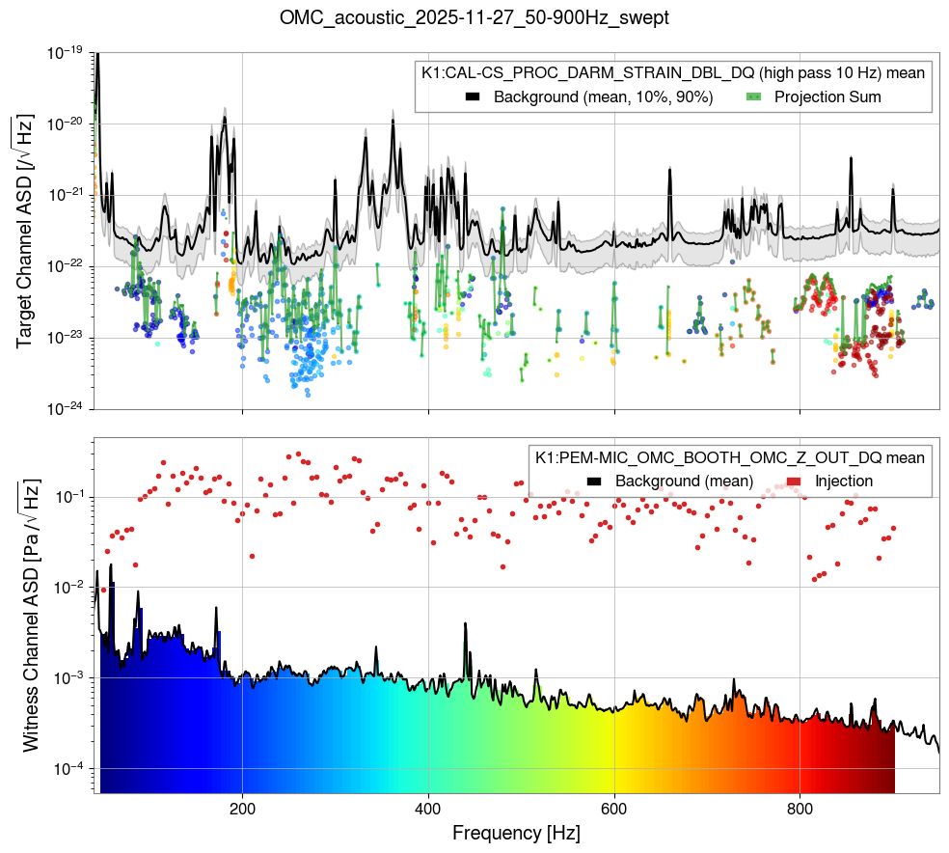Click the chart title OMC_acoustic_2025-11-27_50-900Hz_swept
tap(474, 17)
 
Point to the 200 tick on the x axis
tap(242, 807)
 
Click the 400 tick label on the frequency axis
tap(428, 807)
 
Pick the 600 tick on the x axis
tap(614, 807)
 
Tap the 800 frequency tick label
tap(800, 807)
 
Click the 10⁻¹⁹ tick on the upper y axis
tap(65, 53)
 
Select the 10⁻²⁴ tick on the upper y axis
tap(65, 409)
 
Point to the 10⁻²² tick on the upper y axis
tap(65, 267)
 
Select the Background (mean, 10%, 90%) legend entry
tap(589, 97)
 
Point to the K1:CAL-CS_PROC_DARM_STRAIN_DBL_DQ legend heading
tap(673, 73)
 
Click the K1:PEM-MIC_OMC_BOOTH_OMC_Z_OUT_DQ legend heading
tap(730, 456)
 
